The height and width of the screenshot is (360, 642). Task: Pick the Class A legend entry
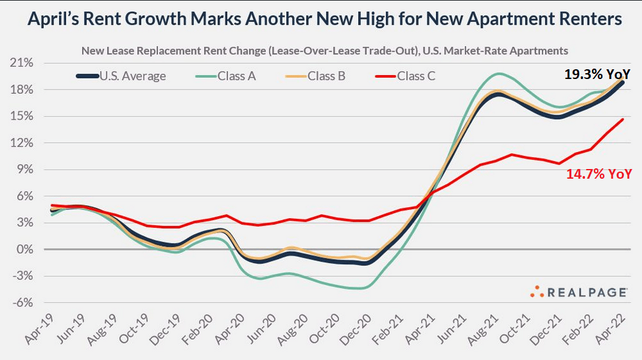tap(226, 76)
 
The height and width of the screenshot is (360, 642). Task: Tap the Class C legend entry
tap(405, 76)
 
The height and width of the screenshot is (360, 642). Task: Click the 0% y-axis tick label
tap(26, 249)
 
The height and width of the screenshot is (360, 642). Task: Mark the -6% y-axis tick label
tap(24, 302)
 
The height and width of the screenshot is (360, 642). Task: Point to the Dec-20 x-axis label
tap(352, 332)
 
